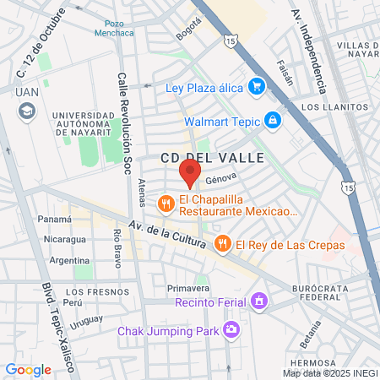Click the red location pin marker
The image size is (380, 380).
[x=189, y=173]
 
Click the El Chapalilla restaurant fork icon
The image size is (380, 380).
[x=166, y=203]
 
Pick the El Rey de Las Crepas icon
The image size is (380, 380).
[x=223, y=245]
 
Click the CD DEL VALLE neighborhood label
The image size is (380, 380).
[x=212, y=158]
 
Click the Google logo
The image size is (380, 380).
[x=28, y=369]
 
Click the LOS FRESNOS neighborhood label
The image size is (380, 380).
[x=84, y=291]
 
